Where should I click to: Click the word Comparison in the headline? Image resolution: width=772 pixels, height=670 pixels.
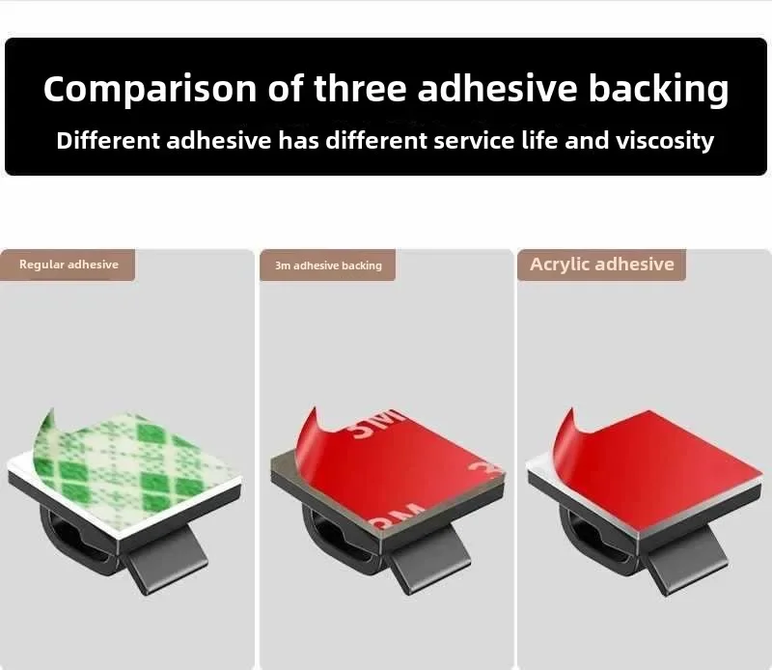coord(151,89)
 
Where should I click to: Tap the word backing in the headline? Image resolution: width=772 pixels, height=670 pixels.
coord(658,89)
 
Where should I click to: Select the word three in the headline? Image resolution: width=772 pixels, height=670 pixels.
coord(360,88)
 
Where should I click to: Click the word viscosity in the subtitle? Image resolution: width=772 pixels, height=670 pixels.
coord(665,141)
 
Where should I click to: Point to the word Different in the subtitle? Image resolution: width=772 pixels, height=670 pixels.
coord(108,140)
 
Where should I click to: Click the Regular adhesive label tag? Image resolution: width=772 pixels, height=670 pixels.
coord(68,265)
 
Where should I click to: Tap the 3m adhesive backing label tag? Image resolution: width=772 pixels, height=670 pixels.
coord(327,265)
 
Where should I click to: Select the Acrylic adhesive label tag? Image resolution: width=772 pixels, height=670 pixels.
coord(601,265)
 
